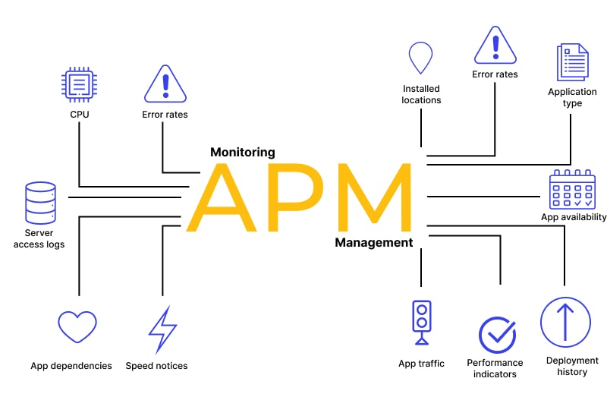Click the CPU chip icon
78,85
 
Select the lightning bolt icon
162,329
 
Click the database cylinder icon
39,201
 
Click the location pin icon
420,58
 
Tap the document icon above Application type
572,63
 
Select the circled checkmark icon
497,335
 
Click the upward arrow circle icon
565,322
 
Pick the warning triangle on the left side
165,84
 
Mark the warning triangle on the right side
495,46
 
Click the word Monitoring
242,152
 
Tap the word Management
373,243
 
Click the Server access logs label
39,238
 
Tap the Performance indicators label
495,368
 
